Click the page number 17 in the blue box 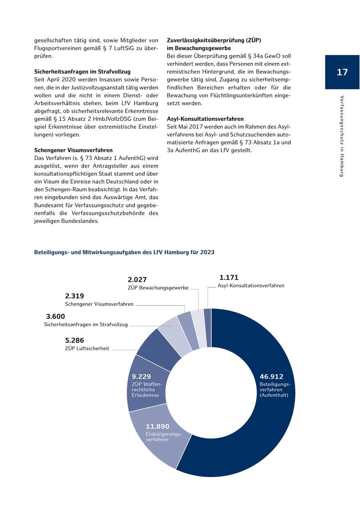click(x=342, y=72)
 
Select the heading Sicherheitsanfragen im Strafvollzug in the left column click(x=82, y=72)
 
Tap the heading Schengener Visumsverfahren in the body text click(x=73, y=150)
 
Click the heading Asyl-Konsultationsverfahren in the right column click(x=205, y=119)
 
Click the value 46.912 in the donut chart click(x=271, y=377)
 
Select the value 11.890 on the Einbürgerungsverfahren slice click(x=158, y=427)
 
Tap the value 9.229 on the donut click(x=141, y=377)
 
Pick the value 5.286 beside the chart click(x=74, y=341)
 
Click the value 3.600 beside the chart click(x=55, y=317)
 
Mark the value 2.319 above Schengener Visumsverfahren click(x=74, y=296)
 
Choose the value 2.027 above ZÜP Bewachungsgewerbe click(x=137, y=280)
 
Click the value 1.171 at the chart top click(x=229, y=277)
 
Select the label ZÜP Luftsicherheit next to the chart click(x=87, y=349)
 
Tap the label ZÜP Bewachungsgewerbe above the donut click(x=158, y=288)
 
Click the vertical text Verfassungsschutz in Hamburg click(x=342, y=136)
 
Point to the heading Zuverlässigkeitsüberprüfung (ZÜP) click(x=214, y=40)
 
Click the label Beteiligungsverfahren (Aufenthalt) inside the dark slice click(x=274, y=390)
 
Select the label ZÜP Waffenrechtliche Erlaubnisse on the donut click(x=146, y=390)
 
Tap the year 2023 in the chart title click(x=207, y=252)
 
